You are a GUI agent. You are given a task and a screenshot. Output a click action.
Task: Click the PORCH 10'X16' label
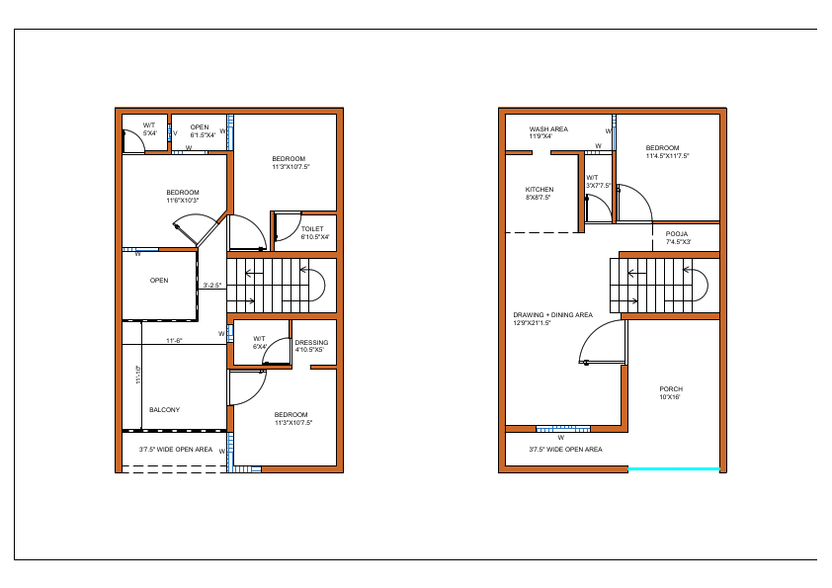pos(671,392)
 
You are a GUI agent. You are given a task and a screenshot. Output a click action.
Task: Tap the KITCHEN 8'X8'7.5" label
pos(539,193)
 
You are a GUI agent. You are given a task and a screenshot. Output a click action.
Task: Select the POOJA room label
pos(677,238)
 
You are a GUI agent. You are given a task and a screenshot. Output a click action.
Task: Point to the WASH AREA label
pos(547,132)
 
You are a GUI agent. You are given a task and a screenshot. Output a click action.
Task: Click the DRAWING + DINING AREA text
pos(552,318)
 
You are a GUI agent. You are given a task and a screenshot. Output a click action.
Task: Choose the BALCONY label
pos(164,409)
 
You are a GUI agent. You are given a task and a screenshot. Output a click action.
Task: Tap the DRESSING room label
pos(311,346)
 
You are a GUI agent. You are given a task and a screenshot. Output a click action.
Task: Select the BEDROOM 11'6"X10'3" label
pos(182,196)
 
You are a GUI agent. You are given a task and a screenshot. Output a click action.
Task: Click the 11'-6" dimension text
pos(175,340)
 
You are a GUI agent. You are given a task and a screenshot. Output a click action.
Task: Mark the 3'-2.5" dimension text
pos(211,286)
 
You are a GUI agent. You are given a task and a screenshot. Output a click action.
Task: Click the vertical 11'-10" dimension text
pos(139,377)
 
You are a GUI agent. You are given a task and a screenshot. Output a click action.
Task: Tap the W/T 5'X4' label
pos(149,129)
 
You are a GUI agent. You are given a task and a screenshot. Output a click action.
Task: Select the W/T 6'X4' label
pos(260,343)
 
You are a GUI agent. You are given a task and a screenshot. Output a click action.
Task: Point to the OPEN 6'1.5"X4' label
pos(201,130)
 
